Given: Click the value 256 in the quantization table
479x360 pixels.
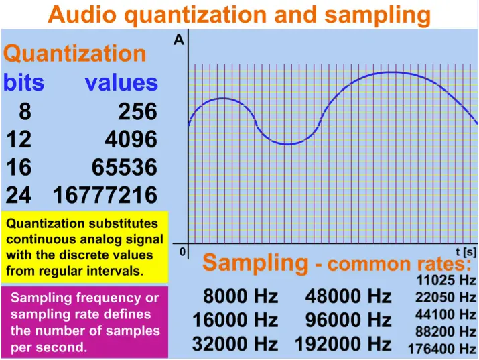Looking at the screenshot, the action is (138, 111).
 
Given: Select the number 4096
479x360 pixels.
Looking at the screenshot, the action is (131, 139).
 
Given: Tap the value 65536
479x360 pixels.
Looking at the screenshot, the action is (125, 167).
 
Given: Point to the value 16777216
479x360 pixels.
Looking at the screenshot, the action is (105, 195).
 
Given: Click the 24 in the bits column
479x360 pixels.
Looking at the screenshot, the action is (19, 195).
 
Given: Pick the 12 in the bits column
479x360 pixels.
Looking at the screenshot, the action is (19, 139).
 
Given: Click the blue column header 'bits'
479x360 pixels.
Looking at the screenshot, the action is (24, 82).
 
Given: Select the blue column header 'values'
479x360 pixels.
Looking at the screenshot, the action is (121, 83).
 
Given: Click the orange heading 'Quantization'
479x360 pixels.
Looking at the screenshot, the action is (75, 53).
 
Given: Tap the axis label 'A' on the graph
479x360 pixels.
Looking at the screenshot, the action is (179, 40).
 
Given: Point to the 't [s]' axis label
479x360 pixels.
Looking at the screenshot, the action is (466, 252).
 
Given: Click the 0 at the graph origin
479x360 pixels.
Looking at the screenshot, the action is (182, 252).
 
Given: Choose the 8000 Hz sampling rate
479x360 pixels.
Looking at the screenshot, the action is (241, 296).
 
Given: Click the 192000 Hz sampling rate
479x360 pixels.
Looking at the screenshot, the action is (343, 344).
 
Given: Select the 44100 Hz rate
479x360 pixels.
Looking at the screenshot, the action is (446, 314).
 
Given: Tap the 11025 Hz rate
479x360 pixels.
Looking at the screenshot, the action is (446, 280).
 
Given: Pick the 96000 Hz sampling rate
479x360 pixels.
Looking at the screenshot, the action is (348, 320).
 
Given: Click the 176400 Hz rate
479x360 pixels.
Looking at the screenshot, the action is (442, 349).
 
